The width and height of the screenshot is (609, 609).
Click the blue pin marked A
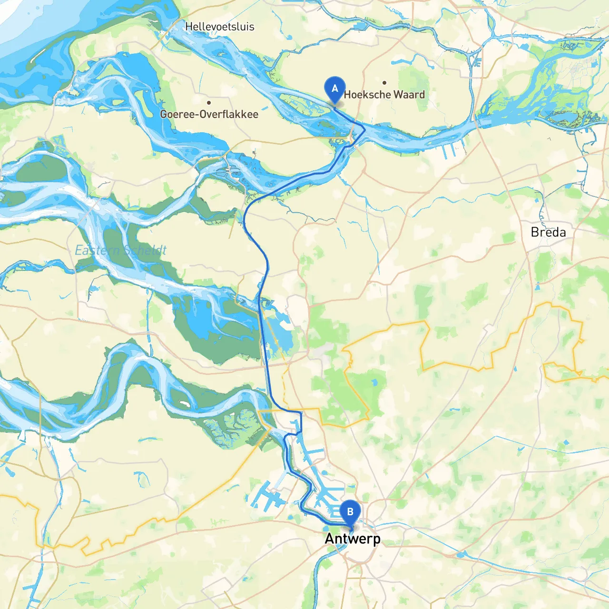tap(334, 88)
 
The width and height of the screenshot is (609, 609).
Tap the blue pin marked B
tap(350, 512)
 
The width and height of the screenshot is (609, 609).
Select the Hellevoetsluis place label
tap(220, 27)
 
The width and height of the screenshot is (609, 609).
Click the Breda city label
tap(548, 232)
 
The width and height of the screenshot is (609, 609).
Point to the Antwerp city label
tap(353, 539)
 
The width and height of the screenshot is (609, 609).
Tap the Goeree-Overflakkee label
tap(209, 114)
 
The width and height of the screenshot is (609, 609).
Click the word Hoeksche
tap(367, 94)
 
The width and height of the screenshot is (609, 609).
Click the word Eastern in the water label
tap(97, 250)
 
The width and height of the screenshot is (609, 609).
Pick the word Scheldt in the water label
tap(145, 250)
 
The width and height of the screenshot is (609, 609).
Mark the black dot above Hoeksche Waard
tap(384, 83)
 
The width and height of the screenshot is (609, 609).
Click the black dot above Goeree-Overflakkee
tap(209, 103)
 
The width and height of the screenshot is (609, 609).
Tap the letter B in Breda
tap(535, 232)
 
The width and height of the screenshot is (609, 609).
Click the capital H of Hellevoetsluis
tap(189, 27)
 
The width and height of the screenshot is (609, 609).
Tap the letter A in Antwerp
tap(329, 539)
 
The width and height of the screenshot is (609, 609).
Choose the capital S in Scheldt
tap(127, 250)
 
